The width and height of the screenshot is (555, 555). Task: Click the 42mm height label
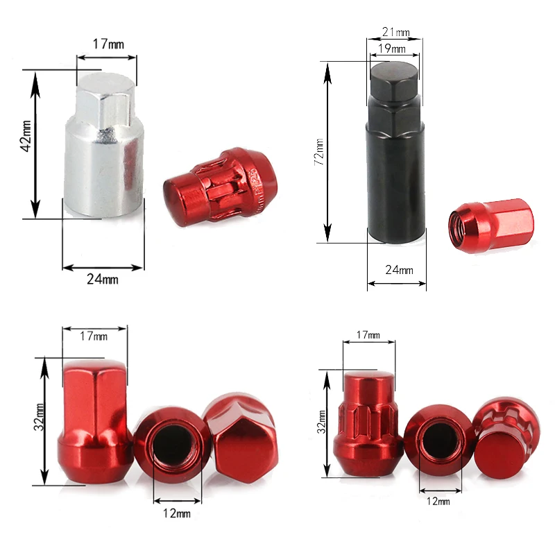point(26,136)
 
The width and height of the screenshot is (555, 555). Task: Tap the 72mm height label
point(319,152)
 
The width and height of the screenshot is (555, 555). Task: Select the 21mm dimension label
point(396,32)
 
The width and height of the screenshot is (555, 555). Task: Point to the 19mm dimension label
point(391,48)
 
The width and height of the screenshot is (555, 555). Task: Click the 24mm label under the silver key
point(102,280)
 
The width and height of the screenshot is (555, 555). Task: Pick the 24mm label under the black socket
point(400,270)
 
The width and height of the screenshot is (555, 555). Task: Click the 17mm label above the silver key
point(108,44)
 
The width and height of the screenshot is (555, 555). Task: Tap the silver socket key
point(105,145)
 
